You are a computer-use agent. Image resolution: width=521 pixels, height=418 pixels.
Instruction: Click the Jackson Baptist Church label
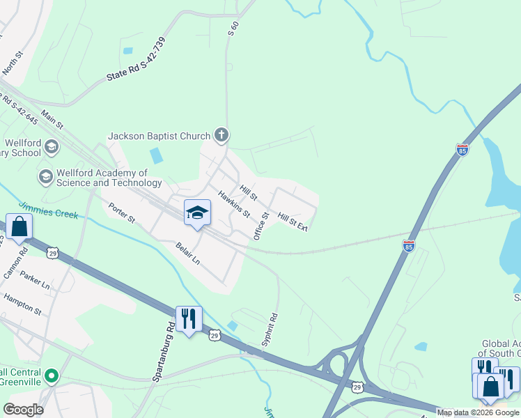coord(160,136)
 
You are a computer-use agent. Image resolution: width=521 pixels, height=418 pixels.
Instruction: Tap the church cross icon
coord(221,134)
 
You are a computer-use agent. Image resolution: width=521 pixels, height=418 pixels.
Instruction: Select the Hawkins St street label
coord(233,204)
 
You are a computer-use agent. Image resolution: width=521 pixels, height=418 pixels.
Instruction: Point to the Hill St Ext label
coord(293,222)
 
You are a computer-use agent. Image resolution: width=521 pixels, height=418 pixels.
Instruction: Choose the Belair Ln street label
coord(188,252)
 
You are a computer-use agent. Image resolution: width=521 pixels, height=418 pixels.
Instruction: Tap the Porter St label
coord(121,212)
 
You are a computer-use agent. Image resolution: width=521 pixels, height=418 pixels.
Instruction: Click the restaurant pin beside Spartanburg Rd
coord(189,319)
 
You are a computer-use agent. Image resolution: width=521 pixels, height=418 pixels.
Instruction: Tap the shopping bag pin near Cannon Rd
coord(19,226)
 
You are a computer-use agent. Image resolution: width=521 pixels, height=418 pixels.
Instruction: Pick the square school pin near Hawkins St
coord(197,212)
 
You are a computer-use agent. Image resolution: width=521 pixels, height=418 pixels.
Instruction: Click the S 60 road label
coord(233,29)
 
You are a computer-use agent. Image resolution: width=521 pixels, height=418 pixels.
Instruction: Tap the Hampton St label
coord(22,304)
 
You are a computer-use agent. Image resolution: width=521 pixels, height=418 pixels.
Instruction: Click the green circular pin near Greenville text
coord(50,377)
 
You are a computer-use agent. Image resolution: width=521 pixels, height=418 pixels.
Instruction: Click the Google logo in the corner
coord(23,410)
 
